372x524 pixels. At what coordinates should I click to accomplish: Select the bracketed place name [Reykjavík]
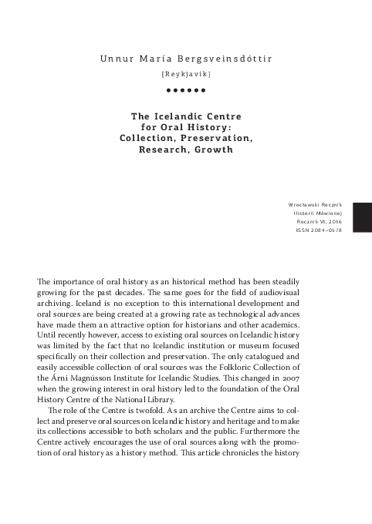[185, 76]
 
